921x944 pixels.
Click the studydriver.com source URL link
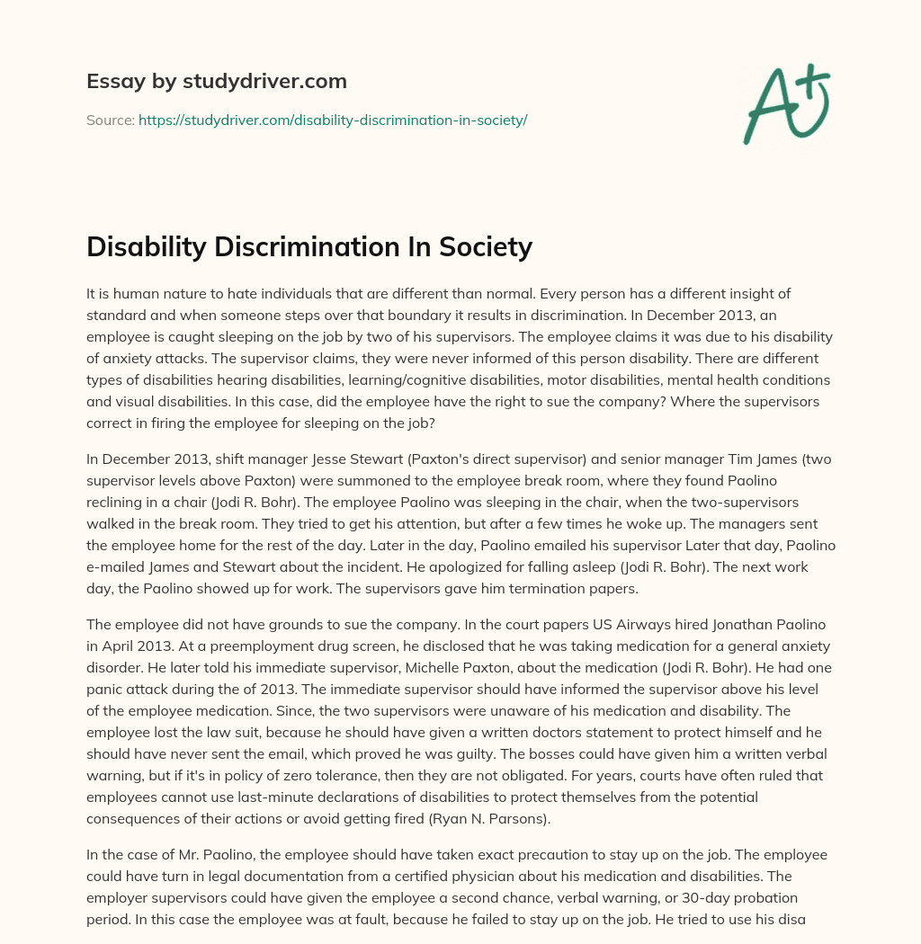(x=333, y=120)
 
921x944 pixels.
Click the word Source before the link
(x=110, y=120)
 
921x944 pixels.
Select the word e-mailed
(x=117, y=568)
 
